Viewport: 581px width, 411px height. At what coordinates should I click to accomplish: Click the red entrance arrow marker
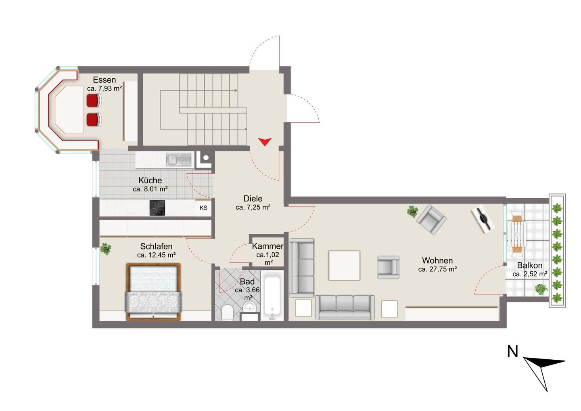(265, 142)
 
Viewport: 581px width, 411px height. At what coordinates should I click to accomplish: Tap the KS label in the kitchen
(203, 208)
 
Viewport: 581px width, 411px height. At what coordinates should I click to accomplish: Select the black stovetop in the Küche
(157, 208)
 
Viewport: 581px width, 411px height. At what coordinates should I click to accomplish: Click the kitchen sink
(179, 159)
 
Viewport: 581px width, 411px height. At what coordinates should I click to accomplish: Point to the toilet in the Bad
(228, 312)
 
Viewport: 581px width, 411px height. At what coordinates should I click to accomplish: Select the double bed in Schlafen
(153, 292)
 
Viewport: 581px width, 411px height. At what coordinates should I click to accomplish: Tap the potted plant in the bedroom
(106, 249)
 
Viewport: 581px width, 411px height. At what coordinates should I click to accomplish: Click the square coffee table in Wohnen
(344, 265)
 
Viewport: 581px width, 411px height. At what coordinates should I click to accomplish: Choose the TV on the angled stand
(483, 218)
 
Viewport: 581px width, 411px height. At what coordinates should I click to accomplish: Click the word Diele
(253, 199)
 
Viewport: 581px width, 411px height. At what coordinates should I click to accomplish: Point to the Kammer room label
(268, 246)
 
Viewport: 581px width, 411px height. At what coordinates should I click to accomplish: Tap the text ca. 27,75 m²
(437, 269)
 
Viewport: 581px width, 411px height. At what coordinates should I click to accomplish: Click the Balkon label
(530, 265)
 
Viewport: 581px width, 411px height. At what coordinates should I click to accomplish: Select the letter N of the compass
(512, 351)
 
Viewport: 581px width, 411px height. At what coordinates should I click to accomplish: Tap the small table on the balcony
(517, 234)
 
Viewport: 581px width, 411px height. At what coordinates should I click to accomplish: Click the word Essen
(104, 80)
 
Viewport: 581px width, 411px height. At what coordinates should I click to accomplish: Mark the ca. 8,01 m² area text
(150, 189)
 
